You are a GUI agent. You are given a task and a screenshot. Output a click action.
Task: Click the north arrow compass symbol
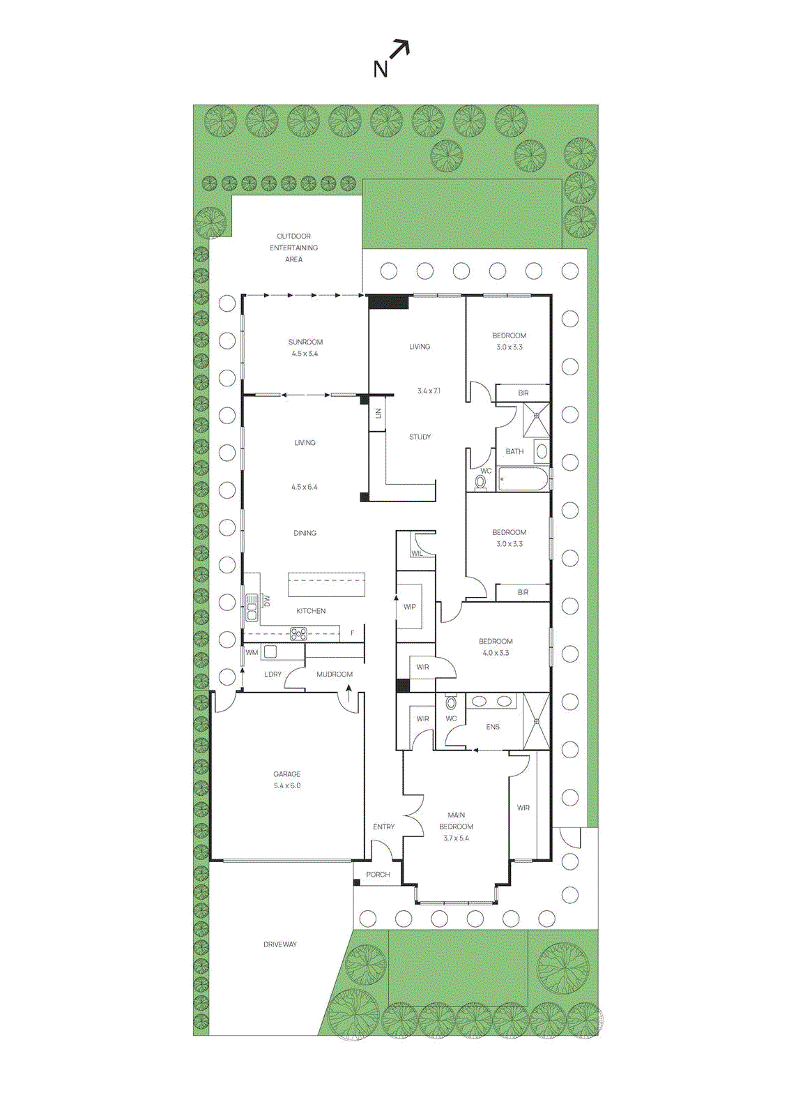[x=391, y=58]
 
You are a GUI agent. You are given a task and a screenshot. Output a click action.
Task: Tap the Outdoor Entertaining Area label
[x=293, y=248]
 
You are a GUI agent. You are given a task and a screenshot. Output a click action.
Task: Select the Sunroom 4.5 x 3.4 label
[x=305, y=347]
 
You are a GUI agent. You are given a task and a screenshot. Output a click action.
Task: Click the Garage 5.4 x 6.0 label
[x=287, y=780]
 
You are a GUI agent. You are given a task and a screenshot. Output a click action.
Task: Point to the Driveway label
[x=280, y=944]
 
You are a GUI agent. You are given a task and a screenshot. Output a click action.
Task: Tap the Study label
[x=420, y=437]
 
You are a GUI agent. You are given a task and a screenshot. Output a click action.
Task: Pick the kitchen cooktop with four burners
[x=298, y=634]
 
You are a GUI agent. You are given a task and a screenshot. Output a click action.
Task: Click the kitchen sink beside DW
[x=252, y=608]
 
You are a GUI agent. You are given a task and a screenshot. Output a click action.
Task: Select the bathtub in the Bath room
[x=523, y=479]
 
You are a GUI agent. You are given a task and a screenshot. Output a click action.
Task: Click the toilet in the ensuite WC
[x=451, y=702]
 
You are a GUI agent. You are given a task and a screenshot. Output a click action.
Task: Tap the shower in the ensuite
[x=536, y=721]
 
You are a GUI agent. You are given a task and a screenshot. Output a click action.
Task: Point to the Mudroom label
[x=335, y=674]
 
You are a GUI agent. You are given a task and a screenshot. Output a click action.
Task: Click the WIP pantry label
[x=410, y=607]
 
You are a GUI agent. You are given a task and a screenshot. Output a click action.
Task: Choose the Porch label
[x=378, y=875]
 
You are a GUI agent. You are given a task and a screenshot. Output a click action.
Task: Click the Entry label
[x=384, y=827]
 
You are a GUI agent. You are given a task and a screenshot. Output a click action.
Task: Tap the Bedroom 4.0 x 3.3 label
[x=496, y=647]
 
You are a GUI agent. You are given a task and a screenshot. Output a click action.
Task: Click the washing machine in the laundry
[x=270, y=652]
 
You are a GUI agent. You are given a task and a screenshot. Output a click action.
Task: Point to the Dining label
[x=305, y=534]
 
